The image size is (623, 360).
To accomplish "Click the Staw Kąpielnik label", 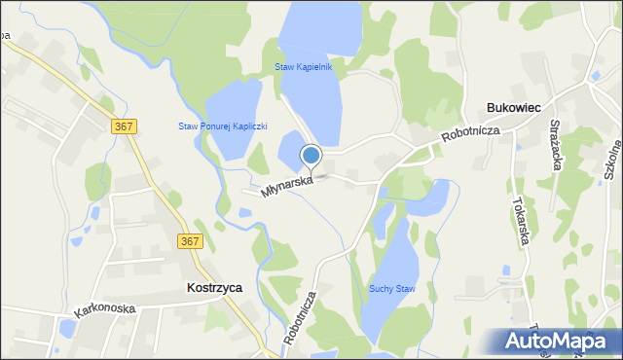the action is click(304, 67).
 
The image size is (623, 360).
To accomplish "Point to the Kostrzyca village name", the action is click(214, 288).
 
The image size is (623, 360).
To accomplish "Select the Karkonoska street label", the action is click(105, 310).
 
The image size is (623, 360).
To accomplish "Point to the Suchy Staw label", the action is click(392, 288).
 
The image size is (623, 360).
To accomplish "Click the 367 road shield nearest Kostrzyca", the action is click(190, 240).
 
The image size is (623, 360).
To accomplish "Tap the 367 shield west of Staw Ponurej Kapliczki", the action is click(124, 126).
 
